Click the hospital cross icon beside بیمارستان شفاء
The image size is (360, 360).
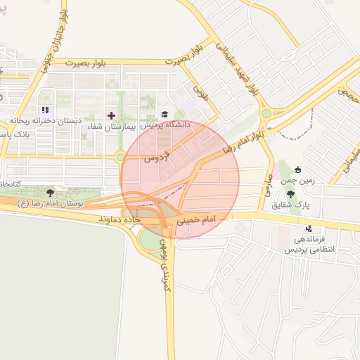[x=111, y=115]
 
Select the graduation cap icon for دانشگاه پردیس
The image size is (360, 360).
[x=165, y=114]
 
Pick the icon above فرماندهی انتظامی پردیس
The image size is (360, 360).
[x=309, y=229]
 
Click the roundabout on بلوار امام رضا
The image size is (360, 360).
[x=266, y=113]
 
